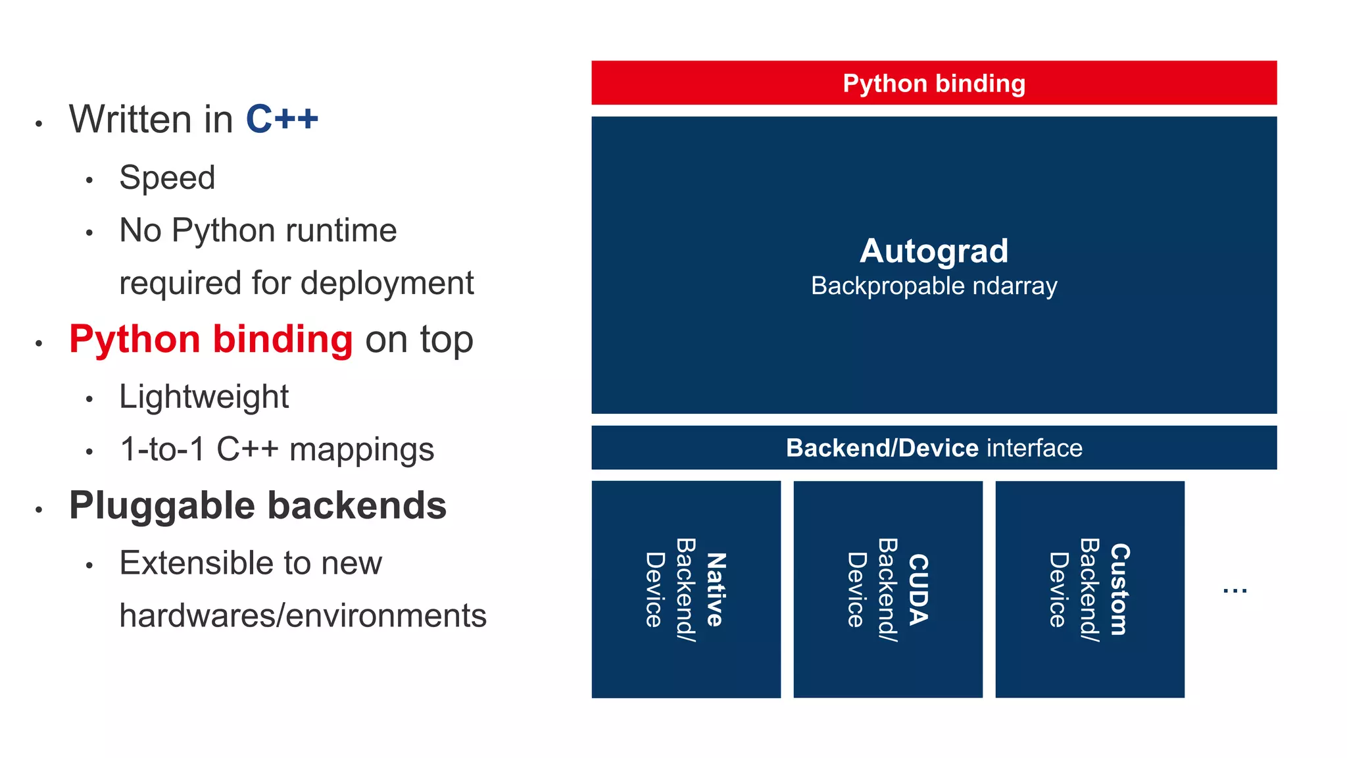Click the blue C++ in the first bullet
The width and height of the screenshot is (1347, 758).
(x=282, y=119)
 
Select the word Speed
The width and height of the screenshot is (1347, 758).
(x=167, y=178)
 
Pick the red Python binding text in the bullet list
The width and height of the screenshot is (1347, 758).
(x=210, y=340)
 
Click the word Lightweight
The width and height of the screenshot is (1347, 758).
(x=204, y=397)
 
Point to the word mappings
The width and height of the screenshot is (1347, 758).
(x=362, y=450)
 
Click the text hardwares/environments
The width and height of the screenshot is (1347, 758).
(x=303, y=616)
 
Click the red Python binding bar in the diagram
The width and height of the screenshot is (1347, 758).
(x=934, y=83)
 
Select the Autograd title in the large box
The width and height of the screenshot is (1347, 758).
(x=934, y=251)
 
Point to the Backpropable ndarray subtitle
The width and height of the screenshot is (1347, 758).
(x=934, y=286)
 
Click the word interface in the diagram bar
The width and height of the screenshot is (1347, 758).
(x=1034, y=448)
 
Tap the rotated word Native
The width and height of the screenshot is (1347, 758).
(x=716, y=590)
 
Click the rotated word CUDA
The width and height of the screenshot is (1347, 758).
(x=918, y=590)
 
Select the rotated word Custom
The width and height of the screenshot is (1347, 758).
(x=1119, y=590)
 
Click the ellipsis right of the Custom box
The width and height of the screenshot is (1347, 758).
(x=1235, y=591)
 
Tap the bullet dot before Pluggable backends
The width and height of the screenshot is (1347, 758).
(x=39, y=510)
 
